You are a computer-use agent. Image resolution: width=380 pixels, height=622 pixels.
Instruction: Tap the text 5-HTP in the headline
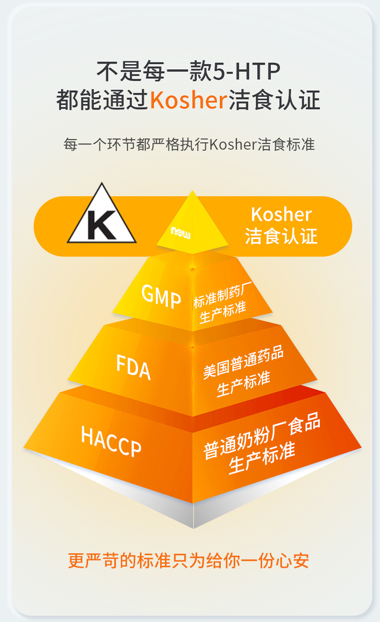246,72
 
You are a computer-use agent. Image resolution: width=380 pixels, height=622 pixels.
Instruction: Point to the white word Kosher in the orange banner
281,214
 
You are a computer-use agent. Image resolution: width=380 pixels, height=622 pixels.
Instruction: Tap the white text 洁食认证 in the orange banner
281,236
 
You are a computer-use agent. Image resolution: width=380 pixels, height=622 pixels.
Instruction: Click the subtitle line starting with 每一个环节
190,144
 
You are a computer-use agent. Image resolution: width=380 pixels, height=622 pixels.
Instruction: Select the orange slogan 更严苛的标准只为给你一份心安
189,560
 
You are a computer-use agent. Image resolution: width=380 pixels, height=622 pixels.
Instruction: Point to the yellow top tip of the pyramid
193,211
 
